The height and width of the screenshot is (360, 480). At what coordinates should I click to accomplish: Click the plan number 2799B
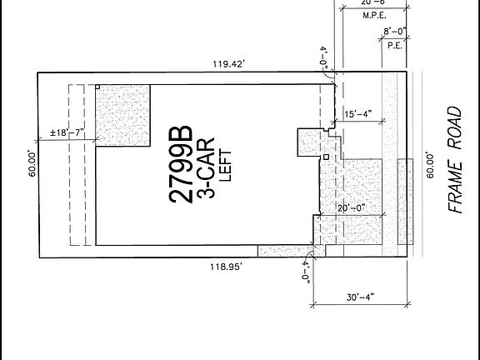click(x=182, y=167)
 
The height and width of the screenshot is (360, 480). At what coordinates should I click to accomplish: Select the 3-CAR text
click(x=203, y=167)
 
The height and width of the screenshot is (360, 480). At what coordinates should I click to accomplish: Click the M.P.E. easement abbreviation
click(x=372, y=13)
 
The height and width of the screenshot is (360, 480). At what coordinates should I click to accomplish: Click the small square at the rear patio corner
click(x=97, y=87)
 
